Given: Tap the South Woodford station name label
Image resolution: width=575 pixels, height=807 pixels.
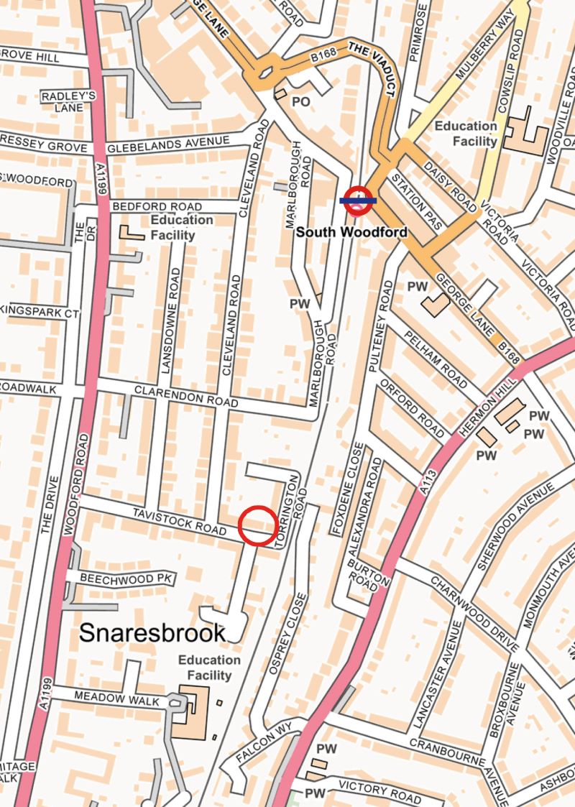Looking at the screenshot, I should (x=351, y=232).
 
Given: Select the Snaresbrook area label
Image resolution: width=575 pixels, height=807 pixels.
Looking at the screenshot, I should (x=152, y=632).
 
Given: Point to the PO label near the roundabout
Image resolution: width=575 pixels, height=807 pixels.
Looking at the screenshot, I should (x=300, y=102).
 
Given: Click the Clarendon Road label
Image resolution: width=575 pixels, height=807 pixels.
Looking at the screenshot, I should (x=175, y=398).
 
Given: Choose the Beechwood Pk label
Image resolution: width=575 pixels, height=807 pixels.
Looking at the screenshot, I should (x=117, y=578).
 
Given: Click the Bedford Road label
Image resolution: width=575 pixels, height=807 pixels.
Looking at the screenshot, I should (x=157, y=206).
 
